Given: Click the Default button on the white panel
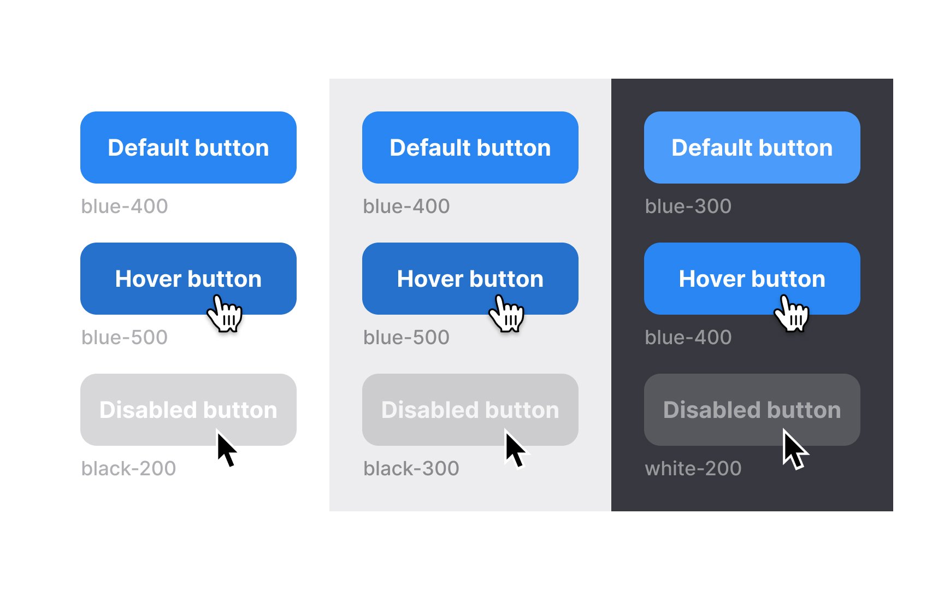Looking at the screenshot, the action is pyautogui.click(x=188, y=147).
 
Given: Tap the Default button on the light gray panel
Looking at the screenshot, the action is pyautogui.click(x=470, y=147).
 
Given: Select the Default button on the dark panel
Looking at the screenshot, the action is pyautogui.click(x=752, y=147).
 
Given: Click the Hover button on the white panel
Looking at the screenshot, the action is pyautogui.click(x=188, y=279).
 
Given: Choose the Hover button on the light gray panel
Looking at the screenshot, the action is pyautogui.click(x=470, y=279).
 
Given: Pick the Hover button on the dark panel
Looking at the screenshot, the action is pyautogui.click(x=752, y=279).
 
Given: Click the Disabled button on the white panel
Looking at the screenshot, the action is pyautogui.click(x=188, y=410).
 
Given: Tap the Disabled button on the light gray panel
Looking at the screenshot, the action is pyautogui.click(x=470, y=410).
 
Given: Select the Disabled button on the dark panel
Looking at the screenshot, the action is pyautogui.click(x=752, y=410).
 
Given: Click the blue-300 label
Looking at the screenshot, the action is pyautogui.click(x=688, y=206).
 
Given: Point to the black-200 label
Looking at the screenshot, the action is pyautogui.click(x=128, y=469).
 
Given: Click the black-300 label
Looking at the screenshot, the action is pyautogui.click(x=411, y=469).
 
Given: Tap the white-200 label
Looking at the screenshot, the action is pyautogui.click(x=693, y=469).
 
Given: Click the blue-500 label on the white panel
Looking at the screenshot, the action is pyautogui.click(x=125, y=338).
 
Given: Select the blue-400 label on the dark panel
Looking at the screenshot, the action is pyautogui.click(x=688, y=338).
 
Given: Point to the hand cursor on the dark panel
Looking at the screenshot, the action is pyautogui.click(x=792, y=313).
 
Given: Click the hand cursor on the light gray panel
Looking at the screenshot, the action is pyautogui.click(x=506, y=313).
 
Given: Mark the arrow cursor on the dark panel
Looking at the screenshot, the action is pyautogui.click(x=794, y=449).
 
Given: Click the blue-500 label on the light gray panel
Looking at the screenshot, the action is pyautogui.click(x=406, y=338).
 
